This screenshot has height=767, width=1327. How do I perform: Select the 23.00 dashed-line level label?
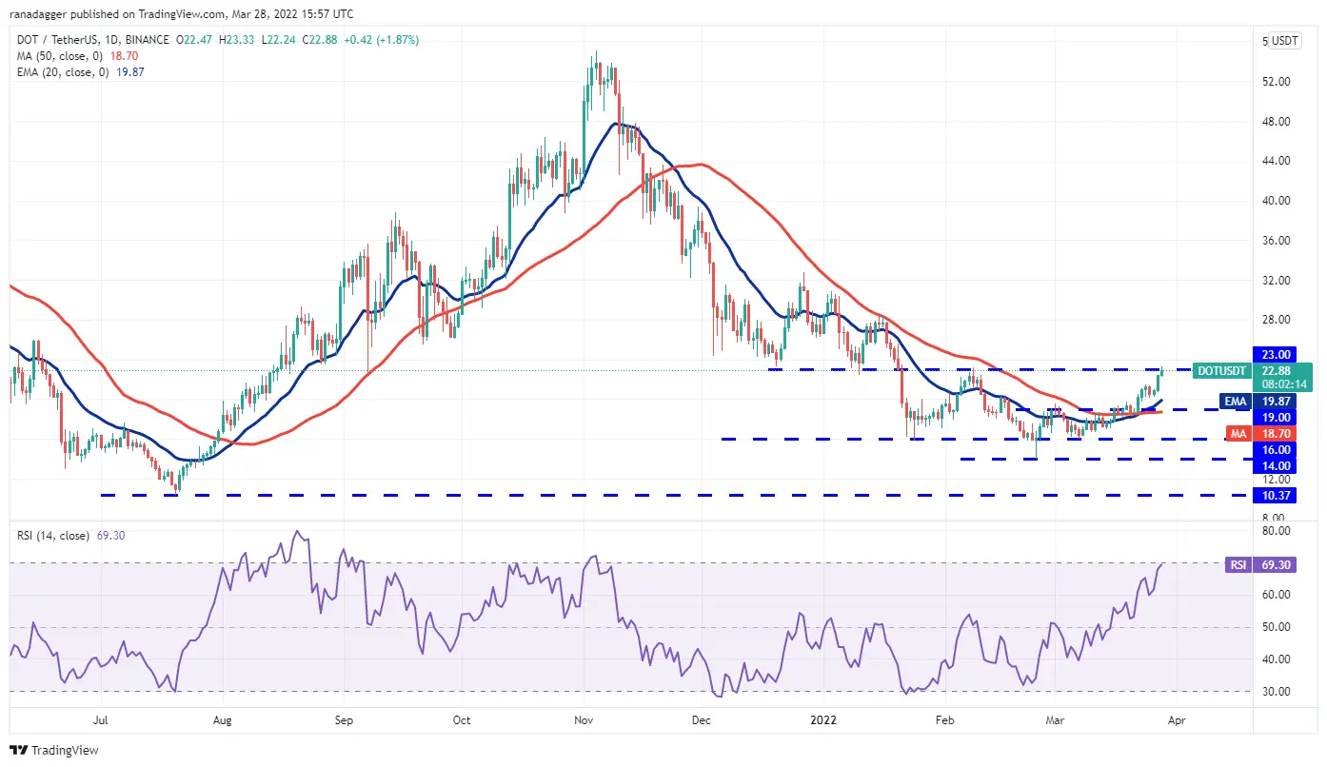(x=1277, y=354)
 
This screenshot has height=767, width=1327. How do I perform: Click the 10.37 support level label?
(x=1277, y=496)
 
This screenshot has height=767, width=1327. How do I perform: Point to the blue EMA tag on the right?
(x=1235, y=402)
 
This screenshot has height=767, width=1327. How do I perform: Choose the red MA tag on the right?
(x=1235, y=433)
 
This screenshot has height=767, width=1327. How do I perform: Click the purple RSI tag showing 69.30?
(x=1238, y=563)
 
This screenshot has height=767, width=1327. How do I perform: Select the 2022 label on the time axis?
(x=824, y=720)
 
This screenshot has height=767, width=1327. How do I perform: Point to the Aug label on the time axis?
(x=222, y=720)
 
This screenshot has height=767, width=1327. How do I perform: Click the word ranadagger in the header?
(x=39, y=14)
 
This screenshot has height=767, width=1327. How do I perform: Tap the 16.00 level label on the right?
(x=1277, y=449)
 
